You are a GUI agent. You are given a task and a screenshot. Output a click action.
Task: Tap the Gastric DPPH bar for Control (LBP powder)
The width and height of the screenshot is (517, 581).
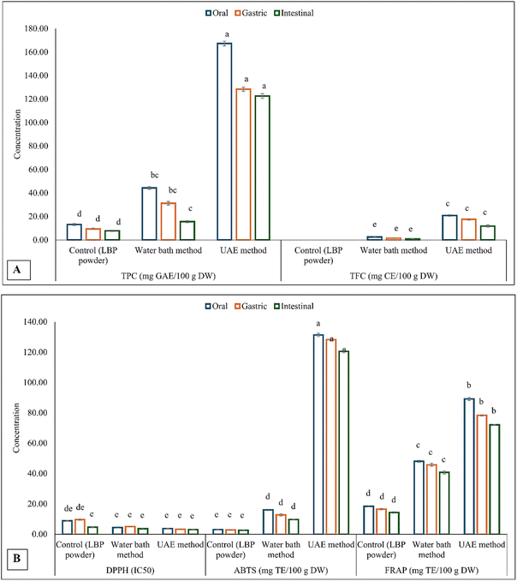pos(80,526)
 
